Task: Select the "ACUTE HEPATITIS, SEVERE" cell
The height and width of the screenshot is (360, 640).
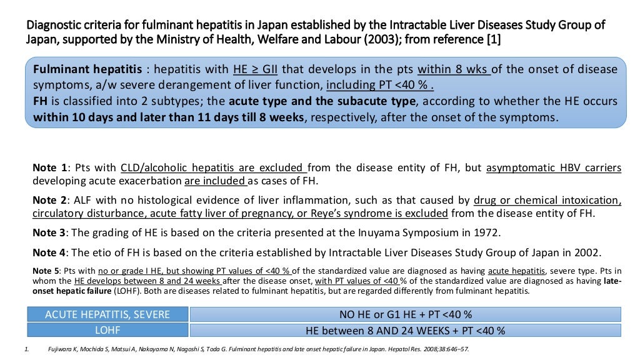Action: coord(107,314)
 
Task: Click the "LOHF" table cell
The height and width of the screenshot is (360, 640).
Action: coord(107,330)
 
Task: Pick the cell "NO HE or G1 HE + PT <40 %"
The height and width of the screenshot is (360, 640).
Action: coord(405,314)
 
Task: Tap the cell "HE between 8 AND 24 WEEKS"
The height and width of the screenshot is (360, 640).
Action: coord(405,330)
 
